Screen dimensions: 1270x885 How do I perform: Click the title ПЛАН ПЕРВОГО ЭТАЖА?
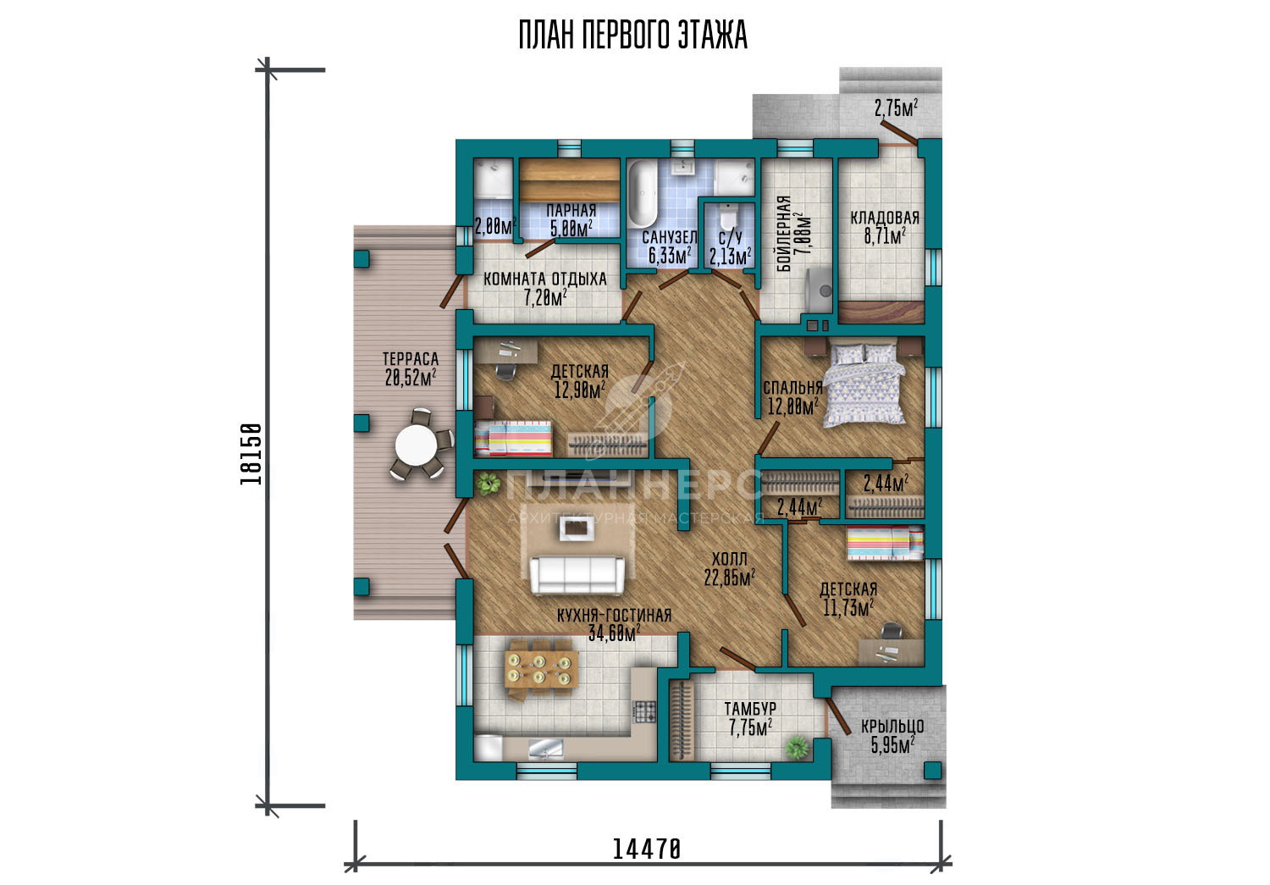(x=632, y=35)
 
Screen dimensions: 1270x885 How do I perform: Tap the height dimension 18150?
(x=251, y=454)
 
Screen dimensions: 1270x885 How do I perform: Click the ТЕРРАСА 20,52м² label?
(x=411, y=368)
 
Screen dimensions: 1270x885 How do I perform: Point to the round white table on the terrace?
(x=416, y=445)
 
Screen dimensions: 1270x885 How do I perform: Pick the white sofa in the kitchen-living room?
(x=577, y=575)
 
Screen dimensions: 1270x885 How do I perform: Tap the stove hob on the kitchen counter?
(x=644, y=711)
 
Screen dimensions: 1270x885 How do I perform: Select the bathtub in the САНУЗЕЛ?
(x=643, y=194)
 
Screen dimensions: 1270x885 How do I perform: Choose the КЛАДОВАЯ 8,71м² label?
(x=885, y=227)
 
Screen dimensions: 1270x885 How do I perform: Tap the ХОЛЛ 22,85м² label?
(x=729, y=568)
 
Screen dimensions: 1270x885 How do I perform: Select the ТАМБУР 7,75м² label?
(x=750, y=718)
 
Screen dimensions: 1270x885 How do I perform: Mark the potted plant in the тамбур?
(x=798, y=747)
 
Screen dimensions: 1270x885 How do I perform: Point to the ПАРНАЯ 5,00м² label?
(x=571, y=220)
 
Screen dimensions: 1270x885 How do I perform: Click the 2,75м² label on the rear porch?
(x=896, y=108)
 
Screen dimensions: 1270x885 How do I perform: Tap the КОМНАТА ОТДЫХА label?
(x=545, y=279)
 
